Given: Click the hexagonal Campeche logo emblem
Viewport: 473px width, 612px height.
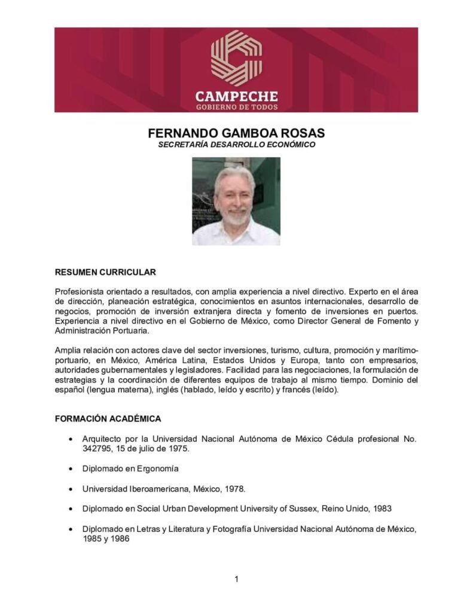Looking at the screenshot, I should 236,58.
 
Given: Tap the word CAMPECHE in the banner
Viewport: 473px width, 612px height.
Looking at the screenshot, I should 236,96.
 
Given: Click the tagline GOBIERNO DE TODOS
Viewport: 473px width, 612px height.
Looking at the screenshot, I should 236,107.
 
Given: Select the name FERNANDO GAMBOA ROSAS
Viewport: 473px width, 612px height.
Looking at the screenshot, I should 236,133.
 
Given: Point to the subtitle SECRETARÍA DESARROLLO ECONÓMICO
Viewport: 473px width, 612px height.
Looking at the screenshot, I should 236,145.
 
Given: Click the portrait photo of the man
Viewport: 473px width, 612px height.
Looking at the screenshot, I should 236,201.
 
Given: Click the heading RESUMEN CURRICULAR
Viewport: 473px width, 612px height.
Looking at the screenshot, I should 105,273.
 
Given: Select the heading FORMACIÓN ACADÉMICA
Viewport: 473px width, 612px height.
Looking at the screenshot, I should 108,419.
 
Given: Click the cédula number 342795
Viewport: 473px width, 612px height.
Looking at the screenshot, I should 98,448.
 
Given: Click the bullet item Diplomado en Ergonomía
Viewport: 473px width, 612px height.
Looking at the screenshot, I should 130,469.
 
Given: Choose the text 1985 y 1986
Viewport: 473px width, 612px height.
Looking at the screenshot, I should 106,538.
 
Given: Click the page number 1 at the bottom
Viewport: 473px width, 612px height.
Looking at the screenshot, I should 237,579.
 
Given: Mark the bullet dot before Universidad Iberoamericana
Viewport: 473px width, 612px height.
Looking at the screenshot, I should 72,489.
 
